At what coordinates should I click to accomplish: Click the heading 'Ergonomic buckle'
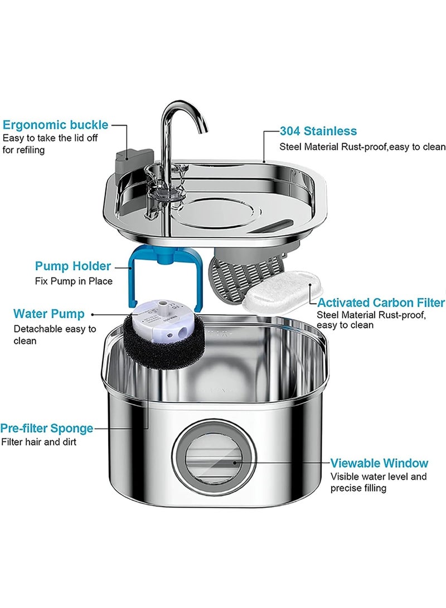(56, 124)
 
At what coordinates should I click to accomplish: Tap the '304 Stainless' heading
(318, 132)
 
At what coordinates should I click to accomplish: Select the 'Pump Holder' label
(73, 266)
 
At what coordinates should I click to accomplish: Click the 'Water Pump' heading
(49, 314)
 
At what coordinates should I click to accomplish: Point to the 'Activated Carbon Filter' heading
(381, 303)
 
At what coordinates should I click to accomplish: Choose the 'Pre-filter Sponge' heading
(47, 428)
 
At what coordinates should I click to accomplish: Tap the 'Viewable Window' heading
(379, 463)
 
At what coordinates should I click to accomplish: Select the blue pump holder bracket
(134, 279)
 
